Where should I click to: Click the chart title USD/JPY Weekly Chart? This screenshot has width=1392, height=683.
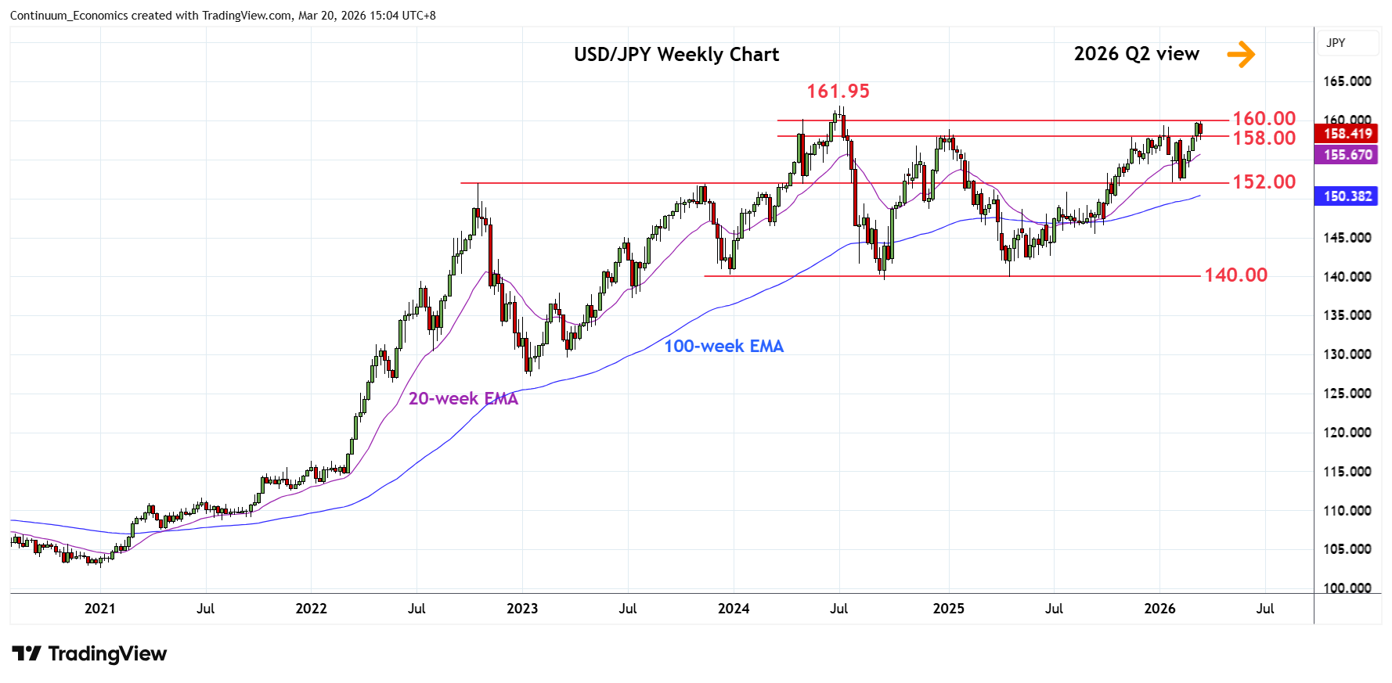676,55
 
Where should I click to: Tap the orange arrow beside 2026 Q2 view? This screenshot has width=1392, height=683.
1241,54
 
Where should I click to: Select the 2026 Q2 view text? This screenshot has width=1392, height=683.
1136,54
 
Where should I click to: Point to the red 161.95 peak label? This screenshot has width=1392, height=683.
838,92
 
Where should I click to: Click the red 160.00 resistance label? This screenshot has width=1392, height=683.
1264,119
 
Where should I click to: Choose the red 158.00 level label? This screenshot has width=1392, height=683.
1264,138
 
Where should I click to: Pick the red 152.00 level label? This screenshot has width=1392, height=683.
1264,182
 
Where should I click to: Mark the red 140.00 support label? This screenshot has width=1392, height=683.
1235,275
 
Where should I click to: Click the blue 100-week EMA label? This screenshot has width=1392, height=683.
723,347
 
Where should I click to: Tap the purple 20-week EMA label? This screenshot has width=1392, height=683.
463,399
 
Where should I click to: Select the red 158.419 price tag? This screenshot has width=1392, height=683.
1347,134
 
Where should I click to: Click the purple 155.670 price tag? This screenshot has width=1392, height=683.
1347,155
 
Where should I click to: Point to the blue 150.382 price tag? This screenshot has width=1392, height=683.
1347,196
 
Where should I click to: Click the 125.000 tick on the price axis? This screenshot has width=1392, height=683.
1347,394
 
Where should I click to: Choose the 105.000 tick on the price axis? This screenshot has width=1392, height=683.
1347,549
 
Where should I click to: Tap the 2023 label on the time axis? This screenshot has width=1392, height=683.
522,609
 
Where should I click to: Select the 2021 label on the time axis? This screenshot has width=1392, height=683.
100,609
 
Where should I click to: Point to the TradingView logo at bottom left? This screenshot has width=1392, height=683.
89,654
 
